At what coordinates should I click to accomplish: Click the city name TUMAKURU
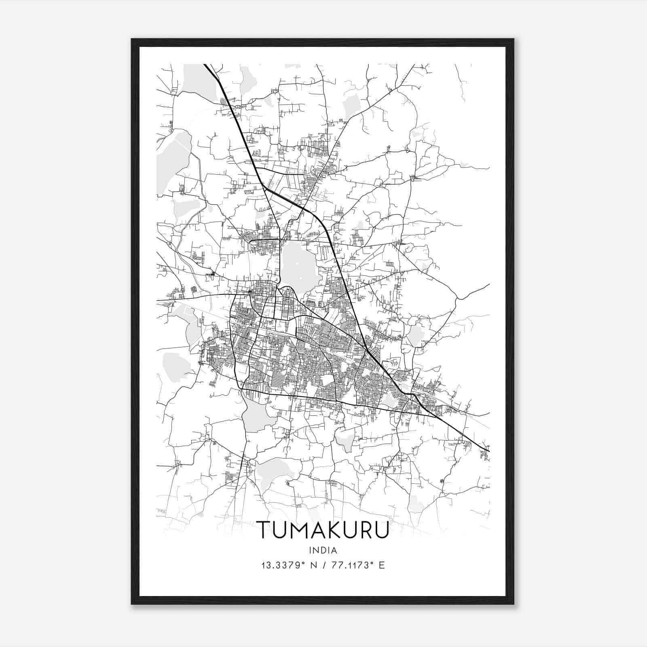pyautogui.click(x=323, y=529)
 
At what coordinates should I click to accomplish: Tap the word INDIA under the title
pyautogui.click(x=323, y=550)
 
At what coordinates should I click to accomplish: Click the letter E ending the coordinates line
pyautogui.click(x=381, y=565)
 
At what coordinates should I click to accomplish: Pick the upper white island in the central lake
pyautogui.click(x=297, y=264)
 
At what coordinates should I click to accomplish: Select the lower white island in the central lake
pyautogui.click(x=300, y=278)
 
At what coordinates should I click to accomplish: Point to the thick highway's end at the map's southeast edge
pyautogui.click(x=488, y=450)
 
